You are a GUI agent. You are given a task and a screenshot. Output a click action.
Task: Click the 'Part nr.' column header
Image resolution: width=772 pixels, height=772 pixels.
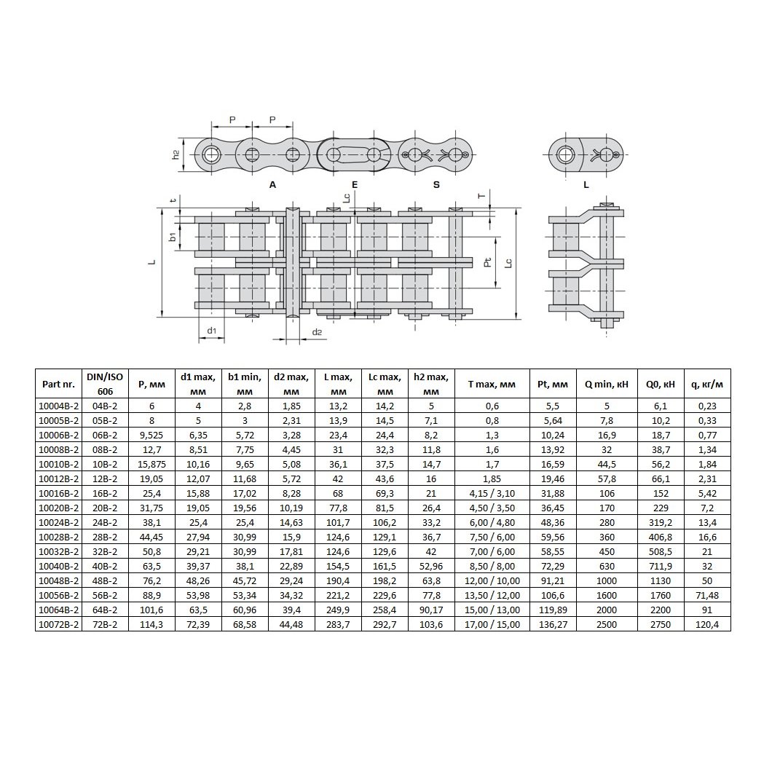click(x=58, y=384)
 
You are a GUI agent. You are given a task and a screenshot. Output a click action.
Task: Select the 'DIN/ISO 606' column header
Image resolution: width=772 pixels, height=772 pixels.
click(x=105, y=384)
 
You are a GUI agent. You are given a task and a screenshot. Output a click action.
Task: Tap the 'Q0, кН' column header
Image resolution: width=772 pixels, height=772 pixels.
click(x=661, y=384)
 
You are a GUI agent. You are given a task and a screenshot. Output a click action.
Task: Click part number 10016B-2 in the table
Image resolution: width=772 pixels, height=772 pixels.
click(x=58, y=493)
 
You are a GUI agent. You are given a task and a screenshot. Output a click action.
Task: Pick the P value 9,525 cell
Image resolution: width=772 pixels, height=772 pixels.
click(x=151, y=436)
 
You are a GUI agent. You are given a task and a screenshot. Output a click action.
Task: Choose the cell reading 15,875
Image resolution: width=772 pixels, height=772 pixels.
click(x=151, y=464)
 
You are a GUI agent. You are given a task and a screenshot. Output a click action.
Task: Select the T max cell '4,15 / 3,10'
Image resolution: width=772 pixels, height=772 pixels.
click(x=492, y=493)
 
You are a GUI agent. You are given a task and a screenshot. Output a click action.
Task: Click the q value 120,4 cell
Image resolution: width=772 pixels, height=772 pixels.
click(x=707, y=625)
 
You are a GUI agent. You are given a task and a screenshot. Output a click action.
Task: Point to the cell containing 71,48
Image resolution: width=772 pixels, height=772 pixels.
click(x=707, y=596)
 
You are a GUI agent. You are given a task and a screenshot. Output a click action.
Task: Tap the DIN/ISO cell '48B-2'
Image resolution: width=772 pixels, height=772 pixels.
click(x=105, y=581)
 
